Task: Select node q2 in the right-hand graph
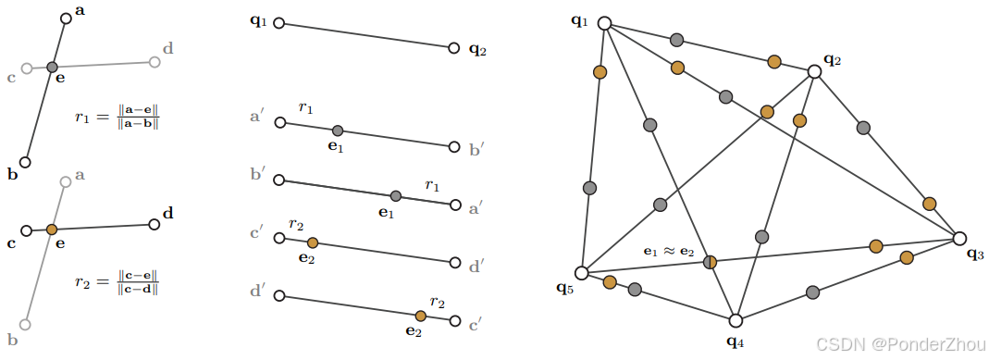pyautogui.click(x=814, y=71)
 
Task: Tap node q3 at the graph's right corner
pyautogui.click(x=959, y=238)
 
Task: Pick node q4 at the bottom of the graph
pyautogui.click(x=736, y=320)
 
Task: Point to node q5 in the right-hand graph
pyautogui.click(x=581, y=273)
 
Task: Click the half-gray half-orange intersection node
pyautogui.click(x=710, y=262)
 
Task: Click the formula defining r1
pyautogui.click(x=118, y=118)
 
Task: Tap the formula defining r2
pyautogui.click(x=118, y=282)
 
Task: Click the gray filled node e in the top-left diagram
pyautogui.click(x=53, y=67)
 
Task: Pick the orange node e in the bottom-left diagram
pyautogui.click(x=52, y=229)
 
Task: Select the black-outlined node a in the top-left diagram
pyautogui.click(x=66, y=18)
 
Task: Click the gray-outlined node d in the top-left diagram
pyautogui.click(x=155, y=62)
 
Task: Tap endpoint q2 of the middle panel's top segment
pyautogui.click(x=453, y=48)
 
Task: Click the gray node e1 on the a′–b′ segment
pyautogui.click(x=338, y=130)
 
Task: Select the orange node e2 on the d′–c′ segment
pyautogui.click(x=421, y=316)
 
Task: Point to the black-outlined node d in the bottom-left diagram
pyautogui.click(x=154, y=223)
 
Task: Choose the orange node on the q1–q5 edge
pyautogui.click(x=600, y=72)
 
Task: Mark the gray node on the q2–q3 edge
pyautogui.click(x=863, y=128)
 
